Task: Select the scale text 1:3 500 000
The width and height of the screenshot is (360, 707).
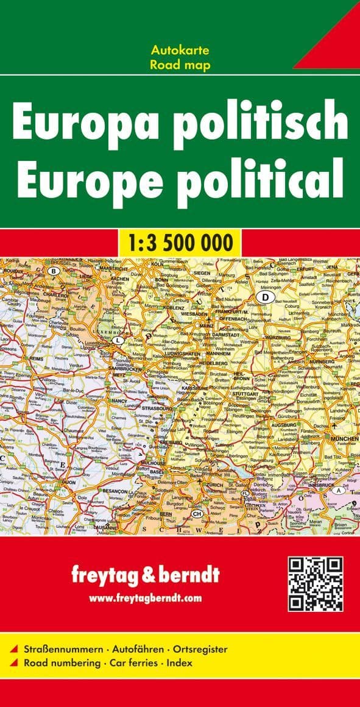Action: pyautogui.click(x=180, y=243)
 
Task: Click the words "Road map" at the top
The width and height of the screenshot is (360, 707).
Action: pyautogui.click(x=180, y=65)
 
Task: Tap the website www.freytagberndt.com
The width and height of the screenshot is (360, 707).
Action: pyautogui.click(x=145, y=599)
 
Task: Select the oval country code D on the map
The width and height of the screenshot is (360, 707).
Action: pyautogui.click(x=265, y=297)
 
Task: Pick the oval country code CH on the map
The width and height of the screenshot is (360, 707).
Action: pyautogui.click(x=197, y=514)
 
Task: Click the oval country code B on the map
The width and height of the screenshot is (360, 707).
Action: pyautogui.click(x=54, y=271)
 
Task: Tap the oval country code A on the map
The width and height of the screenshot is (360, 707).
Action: pyautogui.click(x=336, y=491)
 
